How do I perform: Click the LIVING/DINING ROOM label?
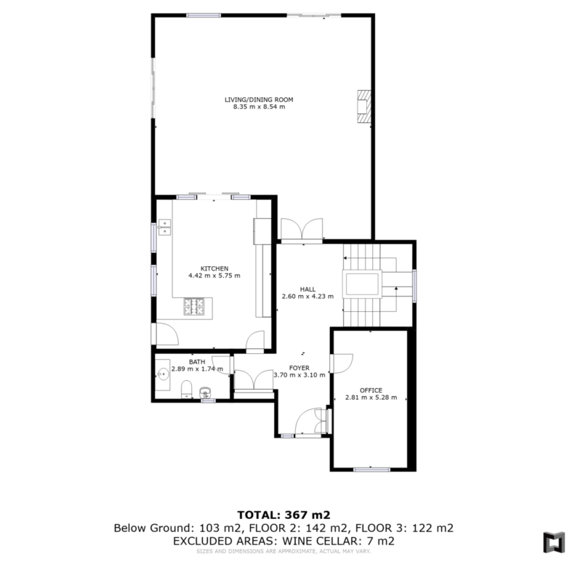[259, 100]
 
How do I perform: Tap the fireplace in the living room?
[363, 107]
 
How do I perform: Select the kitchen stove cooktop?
[194, 306]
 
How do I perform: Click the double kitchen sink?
[164, 227]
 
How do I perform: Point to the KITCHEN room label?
[214, 269]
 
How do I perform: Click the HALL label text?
[307, 289]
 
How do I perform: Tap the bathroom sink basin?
[164, 374]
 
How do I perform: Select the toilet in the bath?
[187, 389]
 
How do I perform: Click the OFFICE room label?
[371, 390]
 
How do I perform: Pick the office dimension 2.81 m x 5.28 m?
[371, 398]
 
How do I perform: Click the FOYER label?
[299, 368]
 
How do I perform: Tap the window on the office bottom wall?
[371, 470]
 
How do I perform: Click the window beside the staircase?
[414, 286]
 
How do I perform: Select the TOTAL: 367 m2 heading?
[283, 515]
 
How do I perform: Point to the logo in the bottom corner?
[554, 542]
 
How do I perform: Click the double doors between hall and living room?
[302, 230]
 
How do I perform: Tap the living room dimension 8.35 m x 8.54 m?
[259, 107]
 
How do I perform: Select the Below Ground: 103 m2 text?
[177, 528]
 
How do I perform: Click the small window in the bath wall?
[208, 401]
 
